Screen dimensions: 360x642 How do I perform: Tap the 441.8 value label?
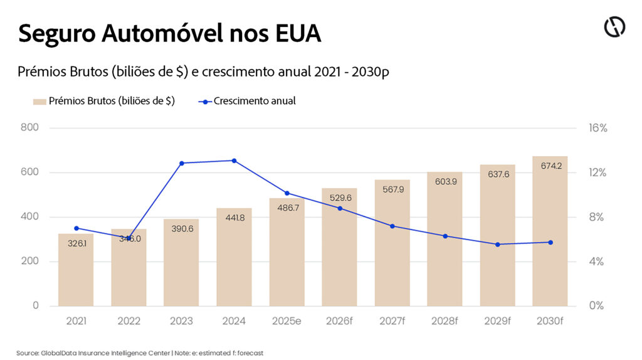pos(234,218)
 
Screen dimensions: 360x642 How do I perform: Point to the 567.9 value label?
pos(392,190)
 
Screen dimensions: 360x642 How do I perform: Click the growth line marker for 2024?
pos(234,161)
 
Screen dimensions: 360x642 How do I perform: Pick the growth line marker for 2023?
pos(182,163)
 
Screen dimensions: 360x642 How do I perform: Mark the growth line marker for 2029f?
pos(497,245)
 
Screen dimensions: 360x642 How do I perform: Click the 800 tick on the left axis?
pos(30,128)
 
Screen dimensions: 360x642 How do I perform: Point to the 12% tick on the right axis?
pos(597,172)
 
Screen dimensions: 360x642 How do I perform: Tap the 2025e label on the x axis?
pos(287,321)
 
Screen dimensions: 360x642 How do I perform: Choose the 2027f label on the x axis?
pos(392,321)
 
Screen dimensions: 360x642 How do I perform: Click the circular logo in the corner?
pos(614,27)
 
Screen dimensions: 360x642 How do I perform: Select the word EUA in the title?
pos(297,34)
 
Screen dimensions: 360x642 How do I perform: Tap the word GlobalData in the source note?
pos(57,353)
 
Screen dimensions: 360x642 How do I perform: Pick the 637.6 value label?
pos(497,174)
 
